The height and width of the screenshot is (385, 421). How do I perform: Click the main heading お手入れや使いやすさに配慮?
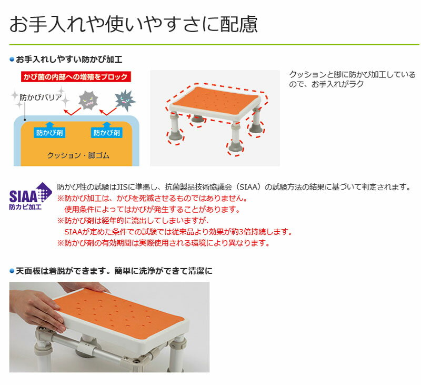[x=134, y=24]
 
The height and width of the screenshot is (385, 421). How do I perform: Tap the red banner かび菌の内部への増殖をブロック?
[x=76, y=77]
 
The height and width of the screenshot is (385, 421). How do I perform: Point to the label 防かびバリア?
[x=41, y=97]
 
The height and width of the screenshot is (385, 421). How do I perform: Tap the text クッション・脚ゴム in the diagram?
[x=78, y=155]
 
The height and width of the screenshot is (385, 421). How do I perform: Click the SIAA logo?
[x=31, y=196]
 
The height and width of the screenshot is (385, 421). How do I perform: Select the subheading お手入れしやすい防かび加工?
[x=69, y=60]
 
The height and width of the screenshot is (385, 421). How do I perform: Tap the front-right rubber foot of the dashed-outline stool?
[x=235, y=147]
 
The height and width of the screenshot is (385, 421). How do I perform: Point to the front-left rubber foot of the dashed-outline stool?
[x=175, y=136]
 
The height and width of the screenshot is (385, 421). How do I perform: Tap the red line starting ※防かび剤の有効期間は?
[x=163, y=243]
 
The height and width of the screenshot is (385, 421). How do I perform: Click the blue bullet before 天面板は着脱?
[x=12, y=271]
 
